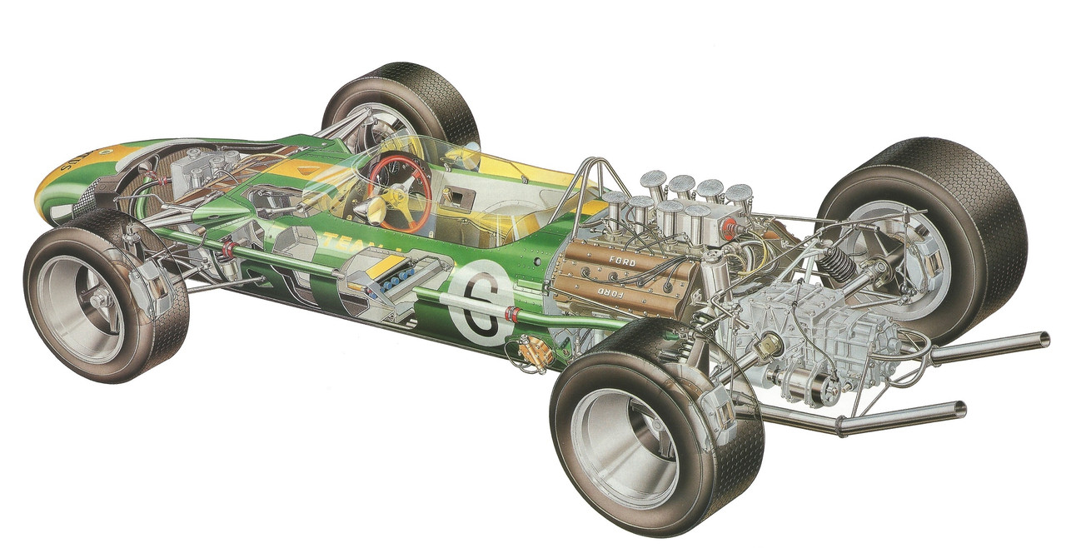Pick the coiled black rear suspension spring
click(836, 266)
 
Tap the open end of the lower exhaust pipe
click(961, 409)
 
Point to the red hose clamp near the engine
click(512, 315)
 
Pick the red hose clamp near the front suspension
click(227, 247)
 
